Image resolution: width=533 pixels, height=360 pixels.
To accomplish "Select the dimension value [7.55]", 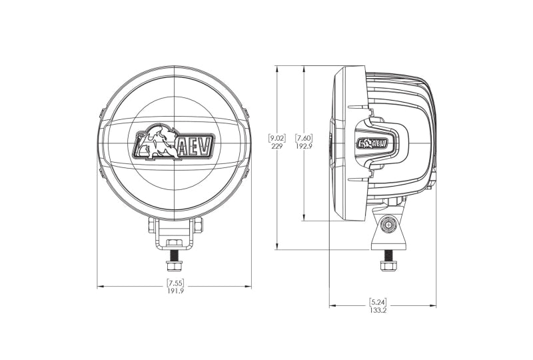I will (x=175, y=282).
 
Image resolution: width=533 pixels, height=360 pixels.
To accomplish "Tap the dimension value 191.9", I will (x=175, y=291).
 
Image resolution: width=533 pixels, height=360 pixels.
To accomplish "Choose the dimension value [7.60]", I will (x=304, y=138).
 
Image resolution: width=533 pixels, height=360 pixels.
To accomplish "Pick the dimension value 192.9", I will (x=304, y=147).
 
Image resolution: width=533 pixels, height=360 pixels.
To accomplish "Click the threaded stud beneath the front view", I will (x=175, y=256).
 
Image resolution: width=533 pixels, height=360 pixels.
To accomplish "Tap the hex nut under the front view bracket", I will (x=175, y=244).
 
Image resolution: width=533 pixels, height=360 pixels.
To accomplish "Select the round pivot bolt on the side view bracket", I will (x=386, y=227).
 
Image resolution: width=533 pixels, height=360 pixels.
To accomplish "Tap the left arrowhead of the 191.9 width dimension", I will (x=100, y=287).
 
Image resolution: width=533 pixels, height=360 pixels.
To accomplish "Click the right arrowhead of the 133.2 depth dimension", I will (x=434, y=305).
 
